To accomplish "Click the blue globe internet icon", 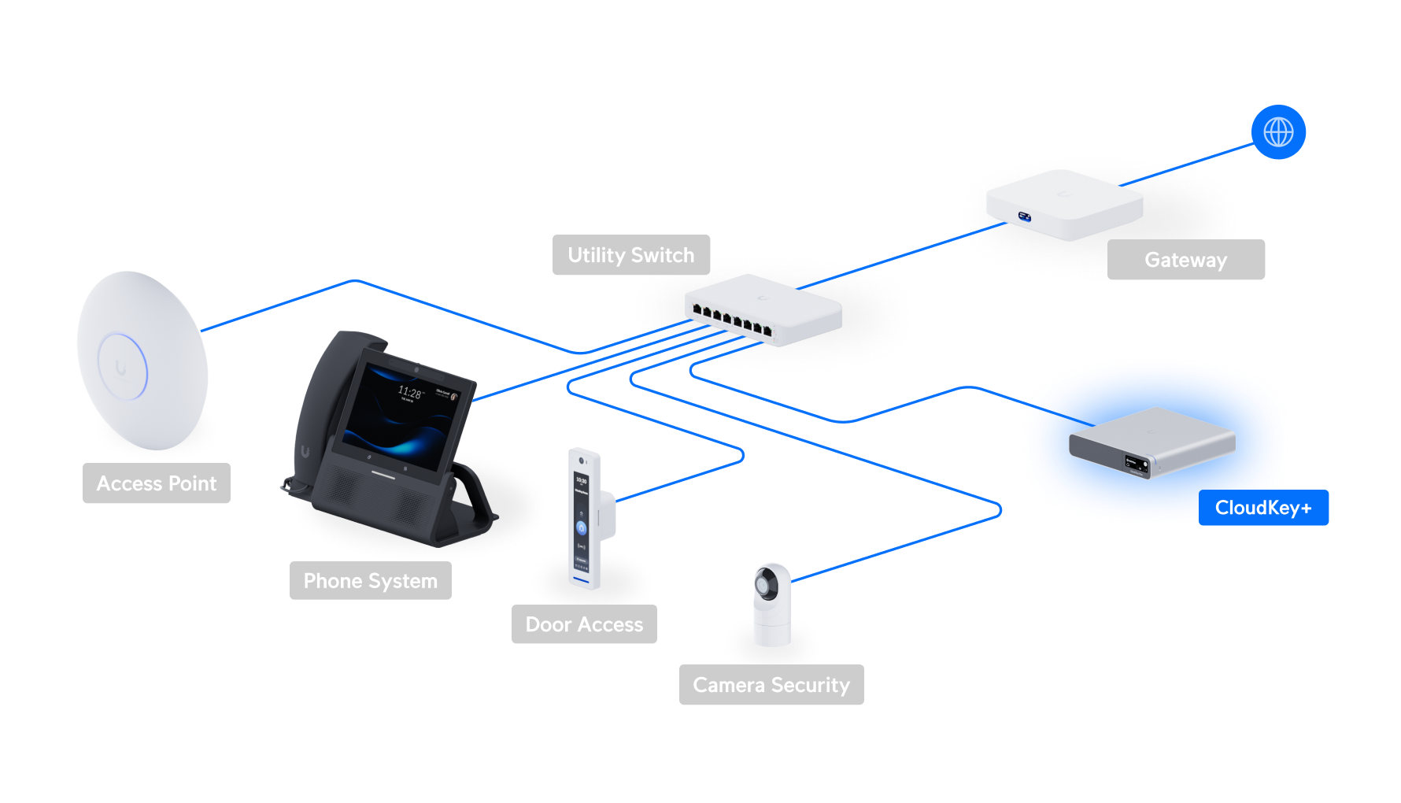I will point(1278,132).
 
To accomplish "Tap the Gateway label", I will point(1185,260).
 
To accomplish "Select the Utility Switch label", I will point(631,255).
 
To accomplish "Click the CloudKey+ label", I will point(1263,508).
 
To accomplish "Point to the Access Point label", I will point(156,483).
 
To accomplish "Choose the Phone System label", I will point(370,581).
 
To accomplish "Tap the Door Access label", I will point(584,624).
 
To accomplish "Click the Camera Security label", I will point(771,685).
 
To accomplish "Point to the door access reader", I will point(583,520).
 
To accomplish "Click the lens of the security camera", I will point(764,585).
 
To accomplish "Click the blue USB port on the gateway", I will point(1025,216).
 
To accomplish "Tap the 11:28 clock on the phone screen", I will point(409,392).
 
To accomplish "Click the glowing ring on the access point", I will point(122,367).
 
